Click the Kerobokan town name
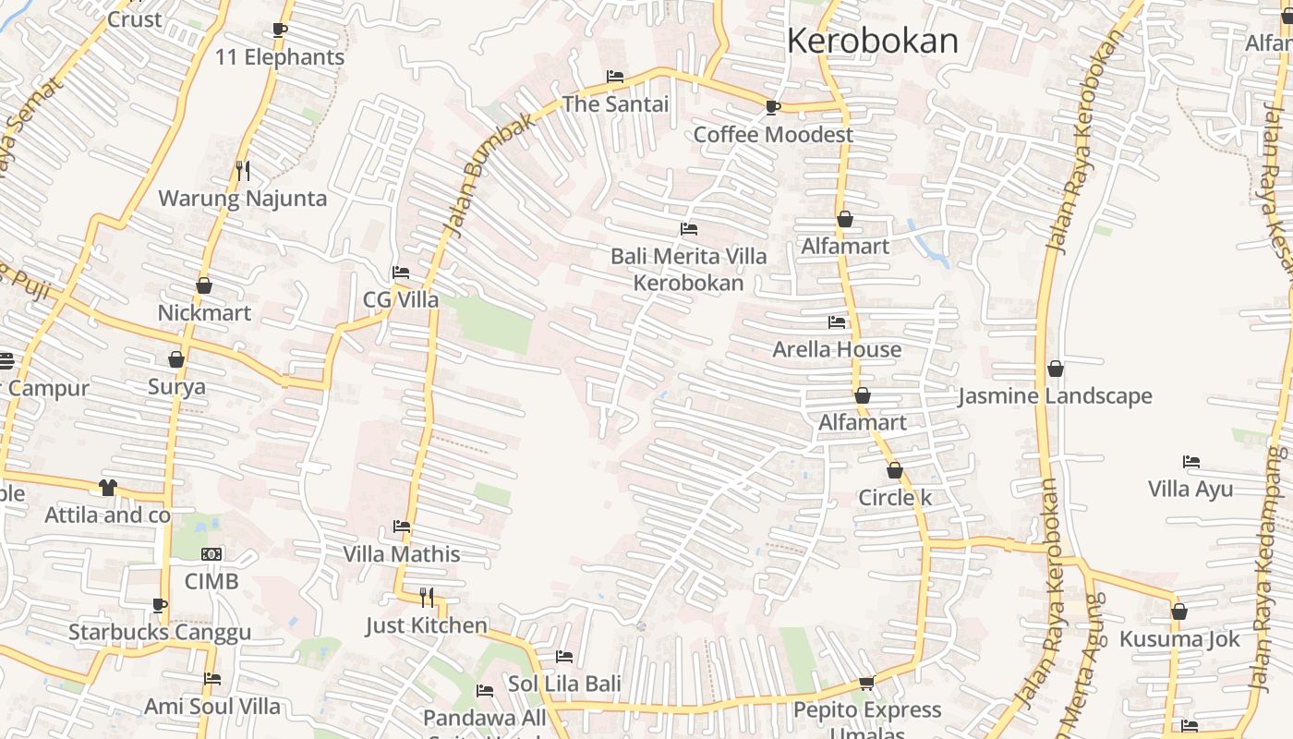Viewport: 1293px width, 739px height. [872, 42]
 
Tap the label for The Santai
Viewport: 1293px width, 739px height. [615, 104]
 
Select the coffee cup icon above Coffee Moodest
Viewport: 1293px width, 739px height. [773, 108]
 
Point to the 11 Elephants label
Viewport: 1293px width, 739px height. [280, 57]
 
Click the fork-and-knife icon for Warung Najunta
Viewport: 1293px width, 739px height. [242, 171]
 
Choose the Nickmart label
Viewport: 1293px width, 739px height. [204, 313]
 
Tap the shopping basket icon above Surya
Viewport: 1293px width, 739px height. [176, 359]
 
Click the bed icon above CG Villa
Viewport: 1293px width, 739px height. [401, 273]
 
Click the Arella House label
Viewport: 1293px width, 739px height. [837, 350]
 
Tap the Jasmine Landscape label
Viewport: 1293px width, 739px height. [1055, 396]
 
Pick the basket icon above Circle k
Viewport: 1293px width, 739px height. [895, 471]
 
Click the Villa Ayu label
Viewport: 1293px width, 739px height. [1190, 489]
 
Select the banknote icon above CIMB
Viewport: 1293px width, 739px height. [211, 554]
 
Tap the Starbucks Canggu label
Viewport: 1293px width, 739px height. [160, 633]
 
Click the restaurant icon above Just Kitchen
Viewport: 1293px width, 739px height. [427, 598]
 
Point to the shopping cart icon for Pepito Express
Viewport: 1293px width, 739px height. [866, 683]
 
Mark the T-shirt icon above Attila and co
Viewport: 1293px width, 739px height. [108, 487]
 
